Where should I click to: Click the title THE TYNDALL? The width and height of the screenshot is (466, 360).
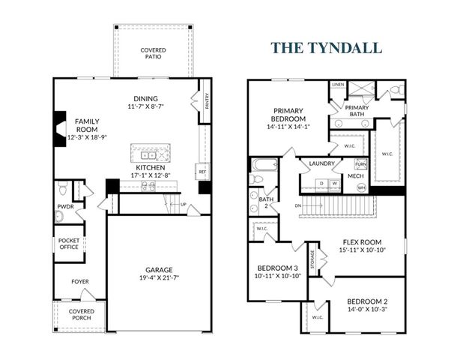(x=326, y=48)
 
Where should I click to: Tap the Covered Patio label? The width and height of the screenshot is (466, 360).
(x=154, y=53)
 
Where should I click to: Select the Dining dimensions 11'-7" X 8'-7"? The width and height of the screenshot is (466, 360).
(x=146, y=106)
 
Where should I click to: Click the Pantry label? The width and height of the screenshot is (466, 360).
(x=207, y=101)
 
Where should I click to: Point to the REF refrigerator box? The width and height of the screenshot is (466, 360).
(x=202, y=171)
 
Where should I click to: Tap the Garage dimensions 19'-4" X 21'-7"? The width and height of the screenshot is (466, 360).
(x=159, y=278)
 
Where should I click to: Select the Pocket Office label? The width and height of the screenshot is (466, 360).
(x=69, y=244)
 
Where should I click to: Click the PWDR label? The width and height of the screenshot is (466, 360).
(x=65, y=206)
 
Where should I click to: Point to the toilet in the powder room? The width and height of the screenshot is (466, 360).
(x=63, y=187)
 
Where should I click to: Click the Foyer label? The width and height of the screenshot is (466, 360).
(x=80, y=281)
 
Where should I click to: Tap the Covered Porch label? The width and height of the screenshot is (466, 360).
(x=82, y=314)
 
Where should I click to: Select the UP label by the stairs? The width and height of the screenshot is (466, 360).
(x=184, y=205)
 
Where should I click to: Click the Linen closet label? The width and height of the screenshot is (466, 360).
(x=338, y=85)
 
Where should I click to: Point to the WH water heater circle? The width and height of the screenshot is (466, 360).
(x=361, y=187)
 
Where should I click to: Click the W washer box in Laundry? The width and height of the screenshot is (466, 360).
(x=335, y=184)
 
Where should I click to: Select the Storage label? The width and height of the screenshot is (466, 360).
(x=312, y=259)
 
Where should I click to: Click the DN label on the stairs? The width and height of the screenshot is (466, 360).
(x=298, y=205)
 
